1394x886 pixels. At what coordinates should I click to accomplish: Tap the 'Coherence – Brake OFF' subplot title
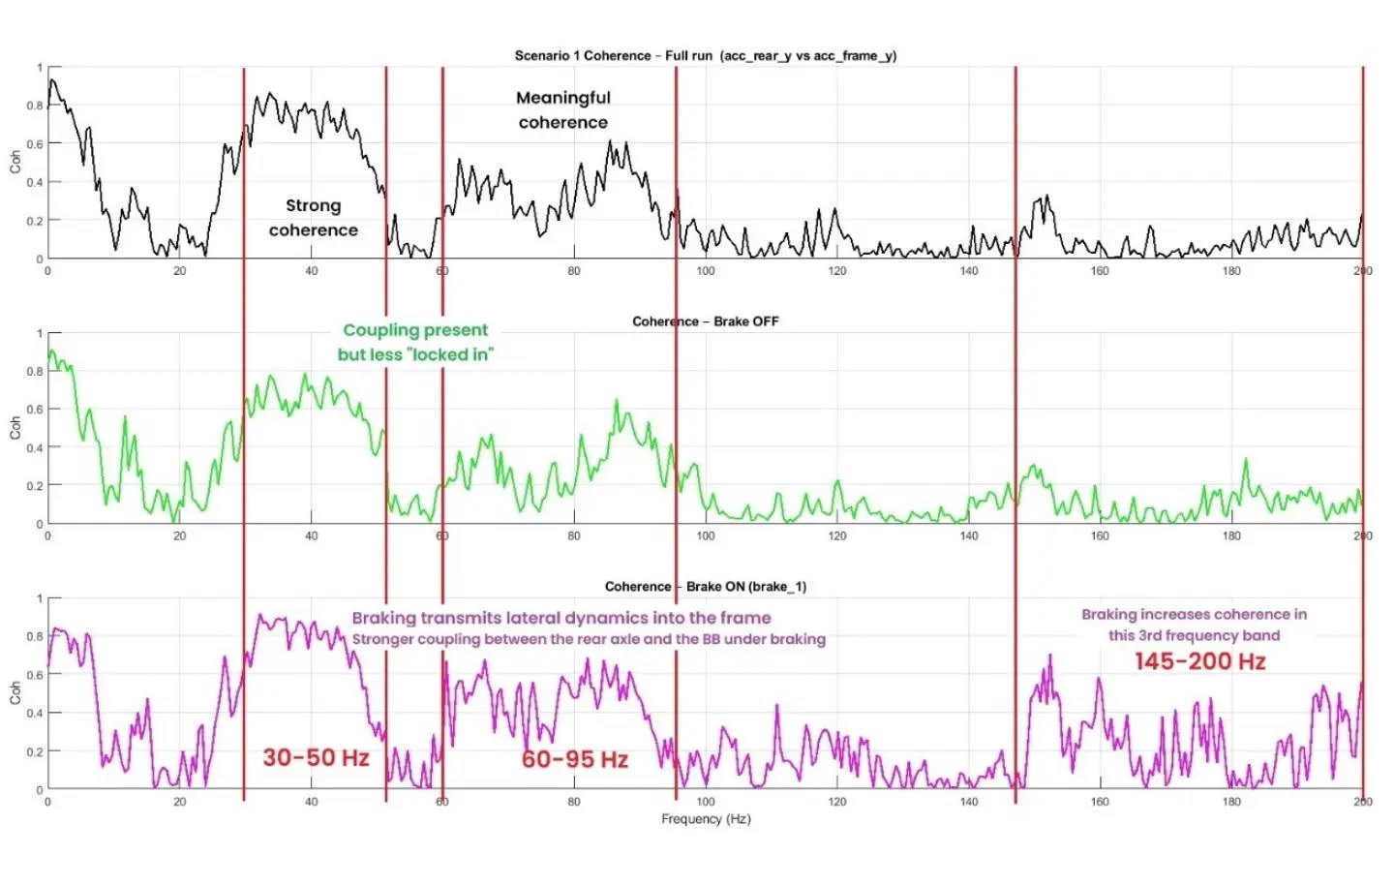[x=705, y=321]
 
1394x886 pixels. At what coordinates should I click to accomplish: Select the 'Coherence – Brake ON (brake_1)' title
[x=705, y=586]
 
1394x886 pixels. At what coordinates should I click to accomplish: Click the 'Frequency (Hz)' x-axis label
[x=706, y=819]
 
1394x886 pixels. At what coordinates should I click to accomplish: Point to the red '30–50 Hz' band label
[x=317, y=757]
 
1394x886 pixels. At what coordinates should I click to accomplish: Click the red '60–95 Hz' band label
[x=575, y=759]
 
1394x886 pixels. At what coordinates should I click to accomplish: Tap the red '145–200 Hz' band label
[x=1199, y=661]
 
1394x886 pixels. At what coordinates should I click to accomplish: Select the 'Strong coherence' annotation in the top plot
[x=314, y=218]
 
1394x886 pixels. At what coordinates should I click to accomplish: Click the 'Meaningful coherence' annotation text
[x=563, y=109]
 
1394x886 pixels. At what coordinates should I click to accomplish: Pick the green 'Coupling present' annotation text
[x=415, y=330]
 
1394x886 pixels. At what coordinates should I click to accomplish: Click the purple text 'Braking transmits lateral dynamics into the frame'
[x=561, y=618]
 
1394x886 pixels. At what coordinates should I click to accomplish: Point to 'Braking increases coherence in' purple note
[x=1194, y=614]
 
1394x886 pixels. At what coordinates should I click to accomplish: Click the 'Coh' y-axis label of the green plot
[x=15, y=428]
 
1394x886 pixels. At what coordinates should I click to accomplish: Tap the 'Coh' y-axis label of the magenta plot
[x=15, y=693]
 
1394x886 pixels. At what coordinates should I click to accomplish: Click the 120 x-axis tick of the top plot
[x=837, y=271]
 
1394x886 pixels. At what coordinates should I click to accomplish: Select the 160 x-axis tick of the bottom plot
[x=1100, y=802]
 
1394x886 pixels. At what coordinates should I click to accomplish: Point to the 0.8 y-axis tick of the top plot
[x=35, y=106]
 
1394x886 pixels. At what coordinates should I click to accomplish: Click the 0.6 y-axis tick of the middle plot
[x=35, y=410]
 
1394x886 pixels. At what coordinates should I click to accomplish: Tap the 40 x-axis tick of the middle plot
[x=311, y=536]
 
